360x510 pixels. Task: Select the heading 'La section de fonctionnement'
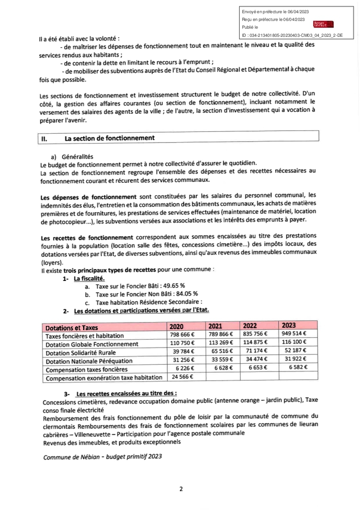point(109,138)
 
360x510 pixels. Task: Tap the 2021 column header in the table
point(215,326)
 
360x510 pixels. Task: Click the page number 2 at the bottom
point(181,489)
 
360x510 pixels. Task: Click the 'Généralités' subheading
point(76,156)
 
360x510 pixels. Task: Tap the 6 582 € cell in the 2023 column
point(296,368)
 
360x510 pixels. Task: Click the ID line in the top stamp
point(293,35)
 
